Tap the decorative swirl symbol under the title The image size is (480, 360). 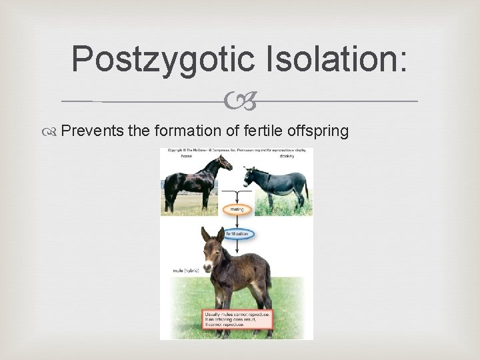pyautogui.click(x=239, y=102)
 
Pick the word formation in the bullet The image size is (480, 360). pyautogui.click(x=185, y=131)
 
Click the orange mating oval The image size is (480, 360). pyautogui.click(x=237, y=209)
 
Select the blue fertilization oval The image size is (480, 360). pyautogui.click(x=237, y=233)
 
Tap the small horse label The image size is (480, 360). pyautogui.click(x=186, y=155)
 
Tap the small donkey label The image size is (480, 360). pyautogui.click(x=293, y=155)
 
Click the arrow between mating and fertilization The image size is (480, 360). pyautogui.click(x=237, y=221)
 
